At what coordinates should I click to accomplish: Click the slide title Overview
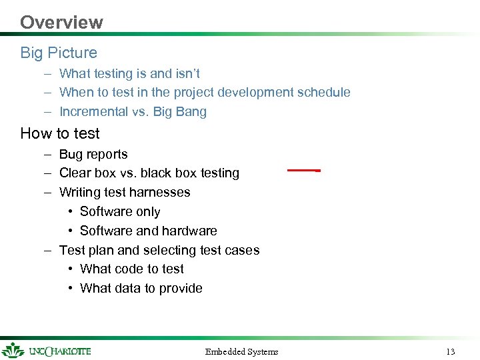61,22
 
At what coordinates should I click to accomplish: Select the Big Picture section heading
59,53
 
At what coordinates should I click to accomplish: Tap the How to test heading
60,133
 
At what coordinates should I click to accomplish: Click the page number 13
450,351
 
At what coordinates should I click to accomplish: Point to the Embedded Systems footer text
241,351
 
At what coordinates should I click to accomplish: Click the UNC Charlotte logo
47,351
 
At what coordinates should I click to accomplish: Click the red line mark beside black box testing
301,171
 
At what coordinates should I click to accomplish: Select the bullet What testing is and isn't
129,73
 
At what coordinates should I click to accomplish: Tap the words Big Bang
180,112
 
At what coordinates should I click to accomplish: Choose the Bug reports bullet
93,154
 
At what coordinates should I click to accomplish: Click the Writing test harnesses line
125,192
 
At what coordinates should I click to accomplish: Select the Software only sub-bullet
120,211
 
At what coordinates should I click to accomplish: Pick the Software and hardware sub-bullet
148,231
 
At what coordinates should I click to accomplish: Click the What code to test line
131,269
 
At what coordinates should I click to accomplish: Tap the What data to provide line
141,288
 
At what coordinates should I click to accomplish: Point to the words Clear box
83,173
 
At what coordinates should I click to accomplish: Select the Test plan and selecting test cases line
159,250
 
